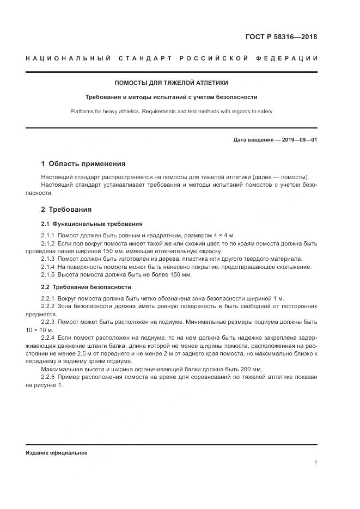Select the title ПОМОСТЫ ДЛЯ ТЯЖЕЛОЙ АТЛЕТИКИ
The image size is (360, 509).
pos(171,83)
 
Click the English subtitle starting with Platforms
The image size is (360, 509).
pos(171,111)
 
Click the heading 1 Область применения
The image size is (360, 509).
pos(83,163)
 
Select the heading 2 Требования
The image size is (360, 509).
pos(66,209)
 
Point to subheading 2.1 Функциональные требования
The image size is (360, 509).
pos(92,224)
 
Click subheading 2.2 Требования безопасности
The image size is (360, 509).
pos(86,287)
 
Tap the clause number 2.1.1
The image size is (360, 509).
pos(48,235)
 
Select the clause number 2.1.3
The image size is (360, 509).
pos(48,259)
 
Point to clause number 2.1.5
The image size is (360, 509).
pos(48,275)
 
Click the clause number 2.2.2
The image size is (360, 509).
pos(48,306)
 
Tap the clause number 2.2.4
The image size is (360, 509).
pos(48,338)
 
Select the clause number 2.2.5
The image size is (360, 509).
pos(48,377)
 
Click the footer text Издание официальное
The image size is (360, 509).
pos(56,452)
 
